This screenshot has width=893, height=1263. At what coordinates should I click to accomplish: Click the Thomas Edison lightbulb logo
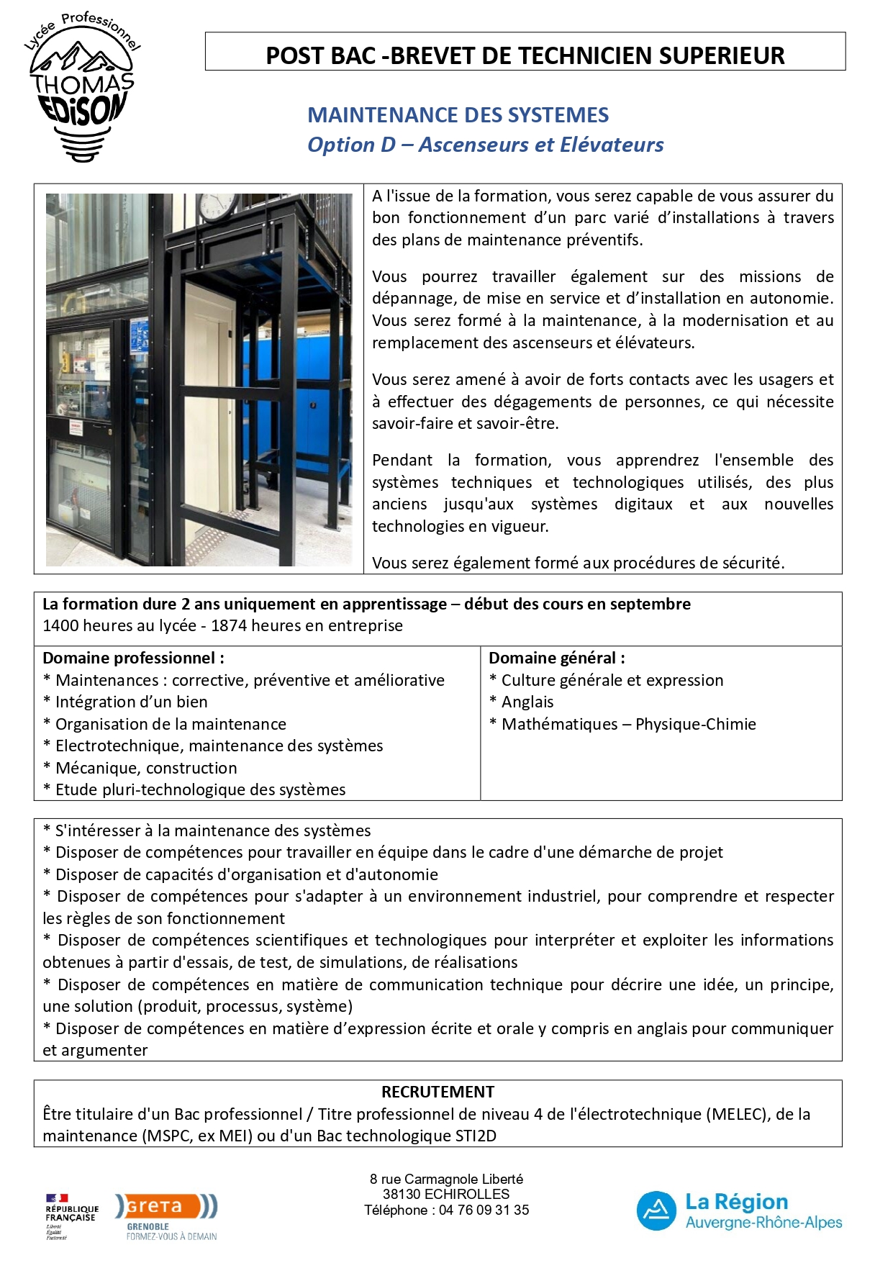coord(82,89)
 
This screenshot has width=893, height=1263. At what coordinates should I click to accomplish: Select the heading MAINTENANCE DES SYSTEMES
coord(458,115)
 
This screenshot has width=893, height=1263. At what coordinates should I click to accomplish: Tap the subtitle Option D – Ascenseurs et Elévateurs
coord(485,145)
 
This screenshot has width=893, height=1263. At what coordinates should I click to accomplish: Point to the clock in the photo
coord(217,207)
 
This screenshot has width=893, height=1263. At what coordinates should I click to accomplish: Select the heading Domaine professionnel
coord(133,658)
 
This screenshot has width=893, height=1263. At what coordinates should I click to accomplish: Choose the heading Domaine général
coord(556,658)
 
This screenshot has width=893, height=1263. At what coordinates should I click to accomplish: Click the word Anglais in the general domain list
coord(527,702)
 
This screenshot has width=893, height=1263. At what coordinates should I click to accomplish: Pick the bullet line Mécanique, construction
coord(145,768)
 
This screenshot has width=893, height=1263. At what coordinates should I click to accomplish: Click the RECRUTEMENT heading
coord(438,1092)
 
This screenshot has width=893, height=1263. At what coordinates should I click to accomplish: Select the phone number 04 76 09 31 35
coord(484,1210)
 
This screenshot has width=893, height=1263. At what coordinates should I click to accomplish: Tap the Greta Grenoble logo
coord(171,1216)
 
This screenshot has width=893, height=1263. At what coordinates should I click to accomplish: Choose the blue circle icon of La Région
coord(656,1211)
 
